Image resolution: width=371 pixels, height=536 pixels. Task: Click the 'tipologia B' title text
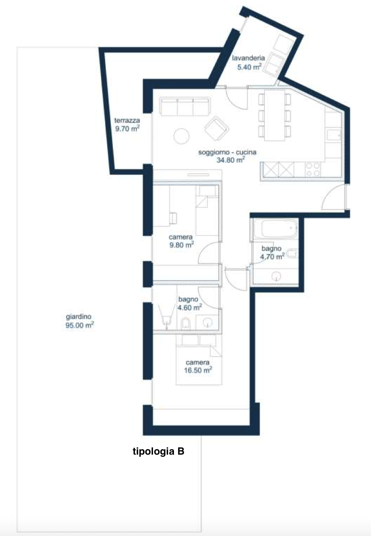(x=158, y=451)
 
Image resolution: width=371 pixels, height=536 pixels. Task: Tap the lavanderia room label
(x=249, y=58)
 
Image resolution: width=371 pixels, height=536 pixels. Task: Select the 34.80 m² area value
(x=231, y=160)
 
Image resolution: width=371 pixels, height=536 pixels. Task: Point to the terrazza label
(x=127, y=120)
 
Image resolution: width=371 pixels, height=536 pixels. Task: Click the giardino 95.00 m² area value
(x=79, y=325)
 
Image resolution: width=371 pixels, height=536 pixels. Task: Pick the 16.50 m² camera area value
(x=198, y=370)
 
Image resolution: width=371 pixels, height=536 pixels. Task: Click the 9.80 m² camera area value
(x=182, y=245)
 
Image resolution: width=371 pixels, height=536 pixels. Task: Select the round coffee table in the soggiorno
(x=182, y=136)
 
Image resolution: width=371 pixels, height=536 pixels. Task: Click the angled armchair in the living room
(x=217, y=128)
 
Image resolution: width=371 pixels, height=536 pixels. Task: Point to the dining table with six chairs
(x=275, y=115)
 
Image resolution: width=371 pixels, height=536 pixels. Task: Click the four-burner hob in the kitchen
(x=313, y=169)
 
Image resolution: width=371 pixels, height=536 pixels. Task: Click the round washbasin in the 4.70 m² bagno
(x=277, y=277)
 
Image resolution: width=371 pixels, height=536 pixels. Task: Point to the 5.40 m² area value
(x=249, y=67)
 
